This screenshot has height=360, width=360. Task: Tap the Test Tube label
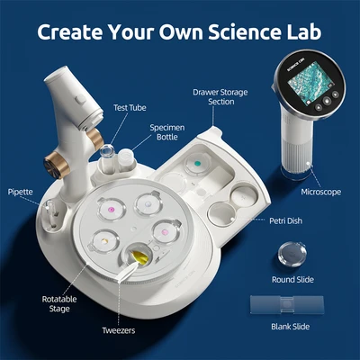click(129, 106)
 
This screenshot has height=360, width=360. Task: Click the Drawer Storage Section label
click(216, 97)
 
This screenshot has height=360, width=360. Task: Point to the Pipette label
click(21, 192)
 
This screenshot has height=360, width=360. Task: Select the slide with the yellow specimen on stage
click(106, 242)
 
